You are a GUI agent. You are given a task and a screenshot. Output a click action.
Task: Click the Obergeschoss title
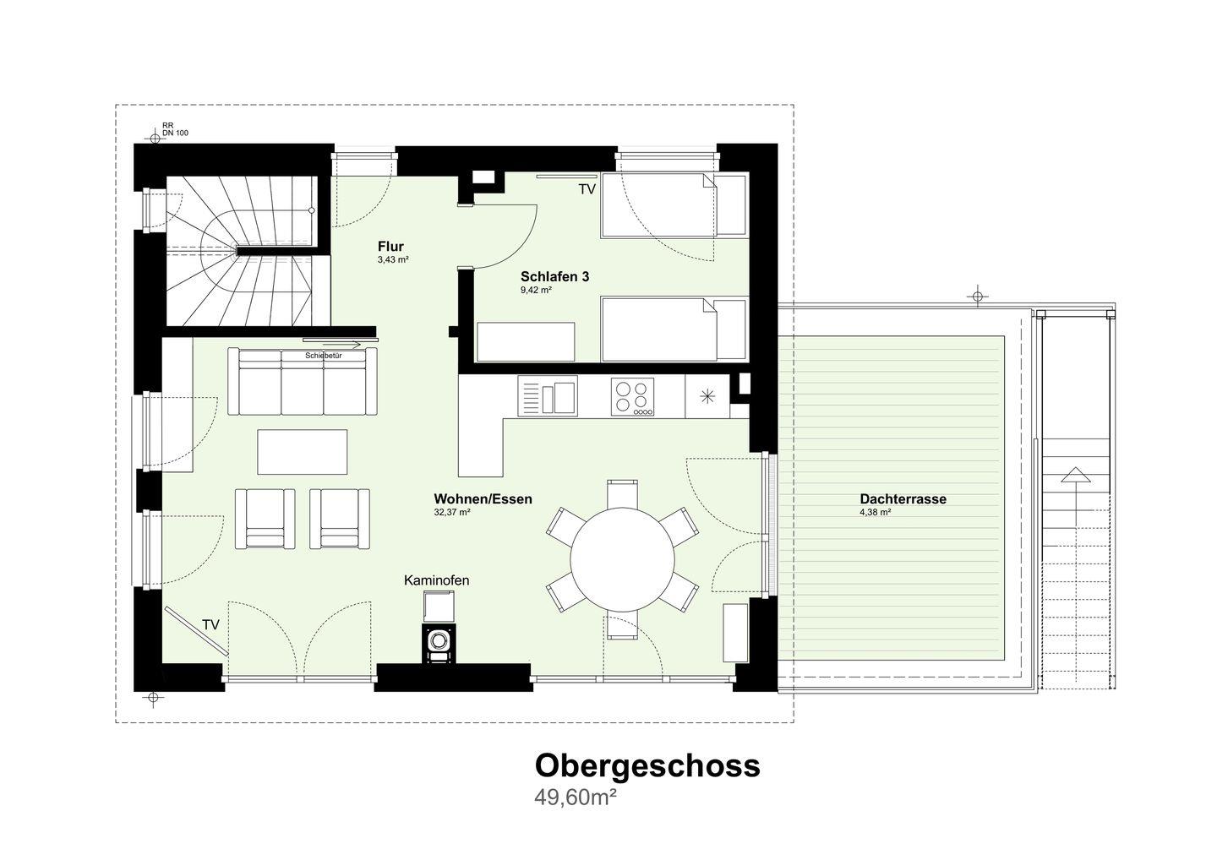point(647,765)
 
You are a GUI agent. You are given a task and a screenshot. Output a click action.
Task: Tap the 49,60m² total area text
point(576,798)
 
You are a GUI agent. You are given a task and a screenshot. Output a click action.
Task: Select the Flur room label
point(390,247)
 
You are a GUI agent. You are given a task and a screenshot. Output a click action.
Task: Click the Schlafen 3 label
point(554,277)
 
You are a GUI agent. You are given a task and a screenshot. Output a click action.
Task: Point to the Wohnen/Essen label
point(483,499)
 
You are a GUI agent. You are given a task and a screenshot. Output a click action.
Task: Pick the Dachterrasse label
point(903,499)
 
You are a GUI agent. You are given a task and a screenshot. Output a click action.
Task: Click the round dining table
point(623,558)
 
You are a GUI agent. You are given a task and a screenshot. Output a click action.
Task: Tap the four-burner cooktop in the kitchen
point(632,397)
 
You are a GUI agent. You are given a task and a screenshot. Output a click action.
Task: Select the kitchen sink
point(547,397)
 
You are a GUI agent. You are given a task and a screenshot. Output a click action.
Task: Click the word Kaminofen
point(436,580)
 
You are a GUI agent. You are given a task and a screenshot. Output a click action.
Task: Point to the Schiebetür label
point(324,356)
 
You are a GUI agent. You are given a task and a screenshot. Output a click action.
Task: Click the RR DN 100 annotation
point(175,129)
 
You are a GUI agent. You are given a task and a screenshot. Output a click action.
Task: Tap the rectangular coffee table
point(303,452)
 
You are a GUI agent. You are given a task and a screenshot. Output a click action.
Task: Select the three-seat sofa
point(303,381)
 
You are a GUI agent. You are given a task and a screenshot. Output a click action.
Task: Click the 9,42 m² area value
point(536,291)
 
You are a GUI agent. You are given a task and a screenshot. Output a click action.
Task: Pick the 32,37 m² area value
point(452,512)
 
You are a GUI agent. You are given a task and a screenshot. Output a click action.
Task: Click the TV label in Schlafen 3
point(587,189)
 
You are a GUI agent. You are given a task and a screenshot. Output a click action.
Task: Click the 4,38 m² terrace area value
point(876,512)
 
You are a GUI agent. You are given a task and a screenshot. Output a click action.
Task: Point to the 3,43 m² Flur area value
point(393,260)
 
